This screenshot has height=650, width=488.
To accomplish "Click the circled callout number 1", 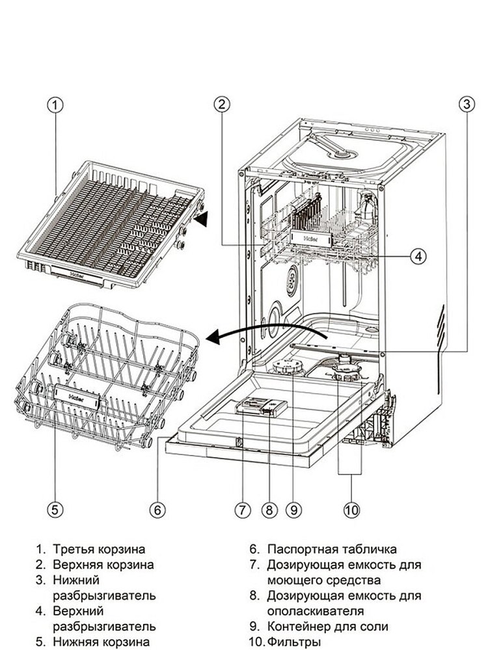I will (56, 103).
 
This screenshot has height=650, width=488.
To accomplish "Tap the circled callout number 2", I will (222, 103).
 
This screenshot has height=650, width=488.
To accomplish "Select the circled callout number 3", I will (465, 103).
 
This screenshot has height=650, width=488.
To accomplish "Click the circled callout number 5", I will (56, 510).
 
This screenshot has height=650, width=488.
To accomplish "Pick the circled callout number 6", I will (157, 510).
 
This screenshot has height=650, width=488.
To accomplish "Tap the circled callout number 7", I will (243, 510).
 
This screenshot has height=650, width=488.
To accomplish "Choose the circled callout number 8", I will (267, 510).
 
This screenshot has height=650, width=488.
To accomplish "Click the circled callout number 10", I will (351, 510).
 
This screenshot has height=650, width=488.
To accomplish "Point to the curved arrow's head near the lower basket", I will (213, 337).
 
